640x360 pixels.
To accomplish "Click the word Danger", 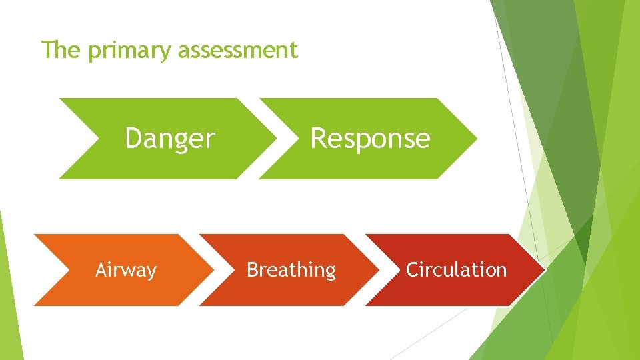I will (169, 139).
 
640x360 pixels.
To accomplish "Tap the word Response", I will (370, 139).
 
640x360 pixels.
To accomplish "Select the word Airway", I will (125, 270).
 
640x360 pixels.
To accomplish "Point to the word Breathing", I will (291, 270).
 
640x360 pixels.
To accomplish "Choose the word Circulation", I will (456, 270).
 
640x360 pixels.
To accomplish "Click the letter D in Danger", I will (133, 139).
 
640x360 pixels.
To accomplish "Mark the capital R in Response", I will (317, 139).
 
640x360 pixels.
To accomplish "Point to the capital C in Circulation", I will (412, 270).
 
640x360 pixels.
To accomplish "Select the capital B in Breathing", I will (253, 270).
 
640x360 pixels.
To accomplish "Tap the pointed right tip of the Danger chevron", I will (277, 139).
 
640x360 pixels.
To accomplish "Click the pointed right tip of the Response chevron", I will (477, 139).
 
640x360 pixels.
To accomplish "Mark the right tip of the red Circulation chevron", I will (545, 270).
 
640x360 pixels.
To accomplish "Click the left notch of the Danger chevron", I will (99, 139).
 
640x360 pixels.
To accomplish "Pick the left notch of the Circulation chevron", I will (400, 270).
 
